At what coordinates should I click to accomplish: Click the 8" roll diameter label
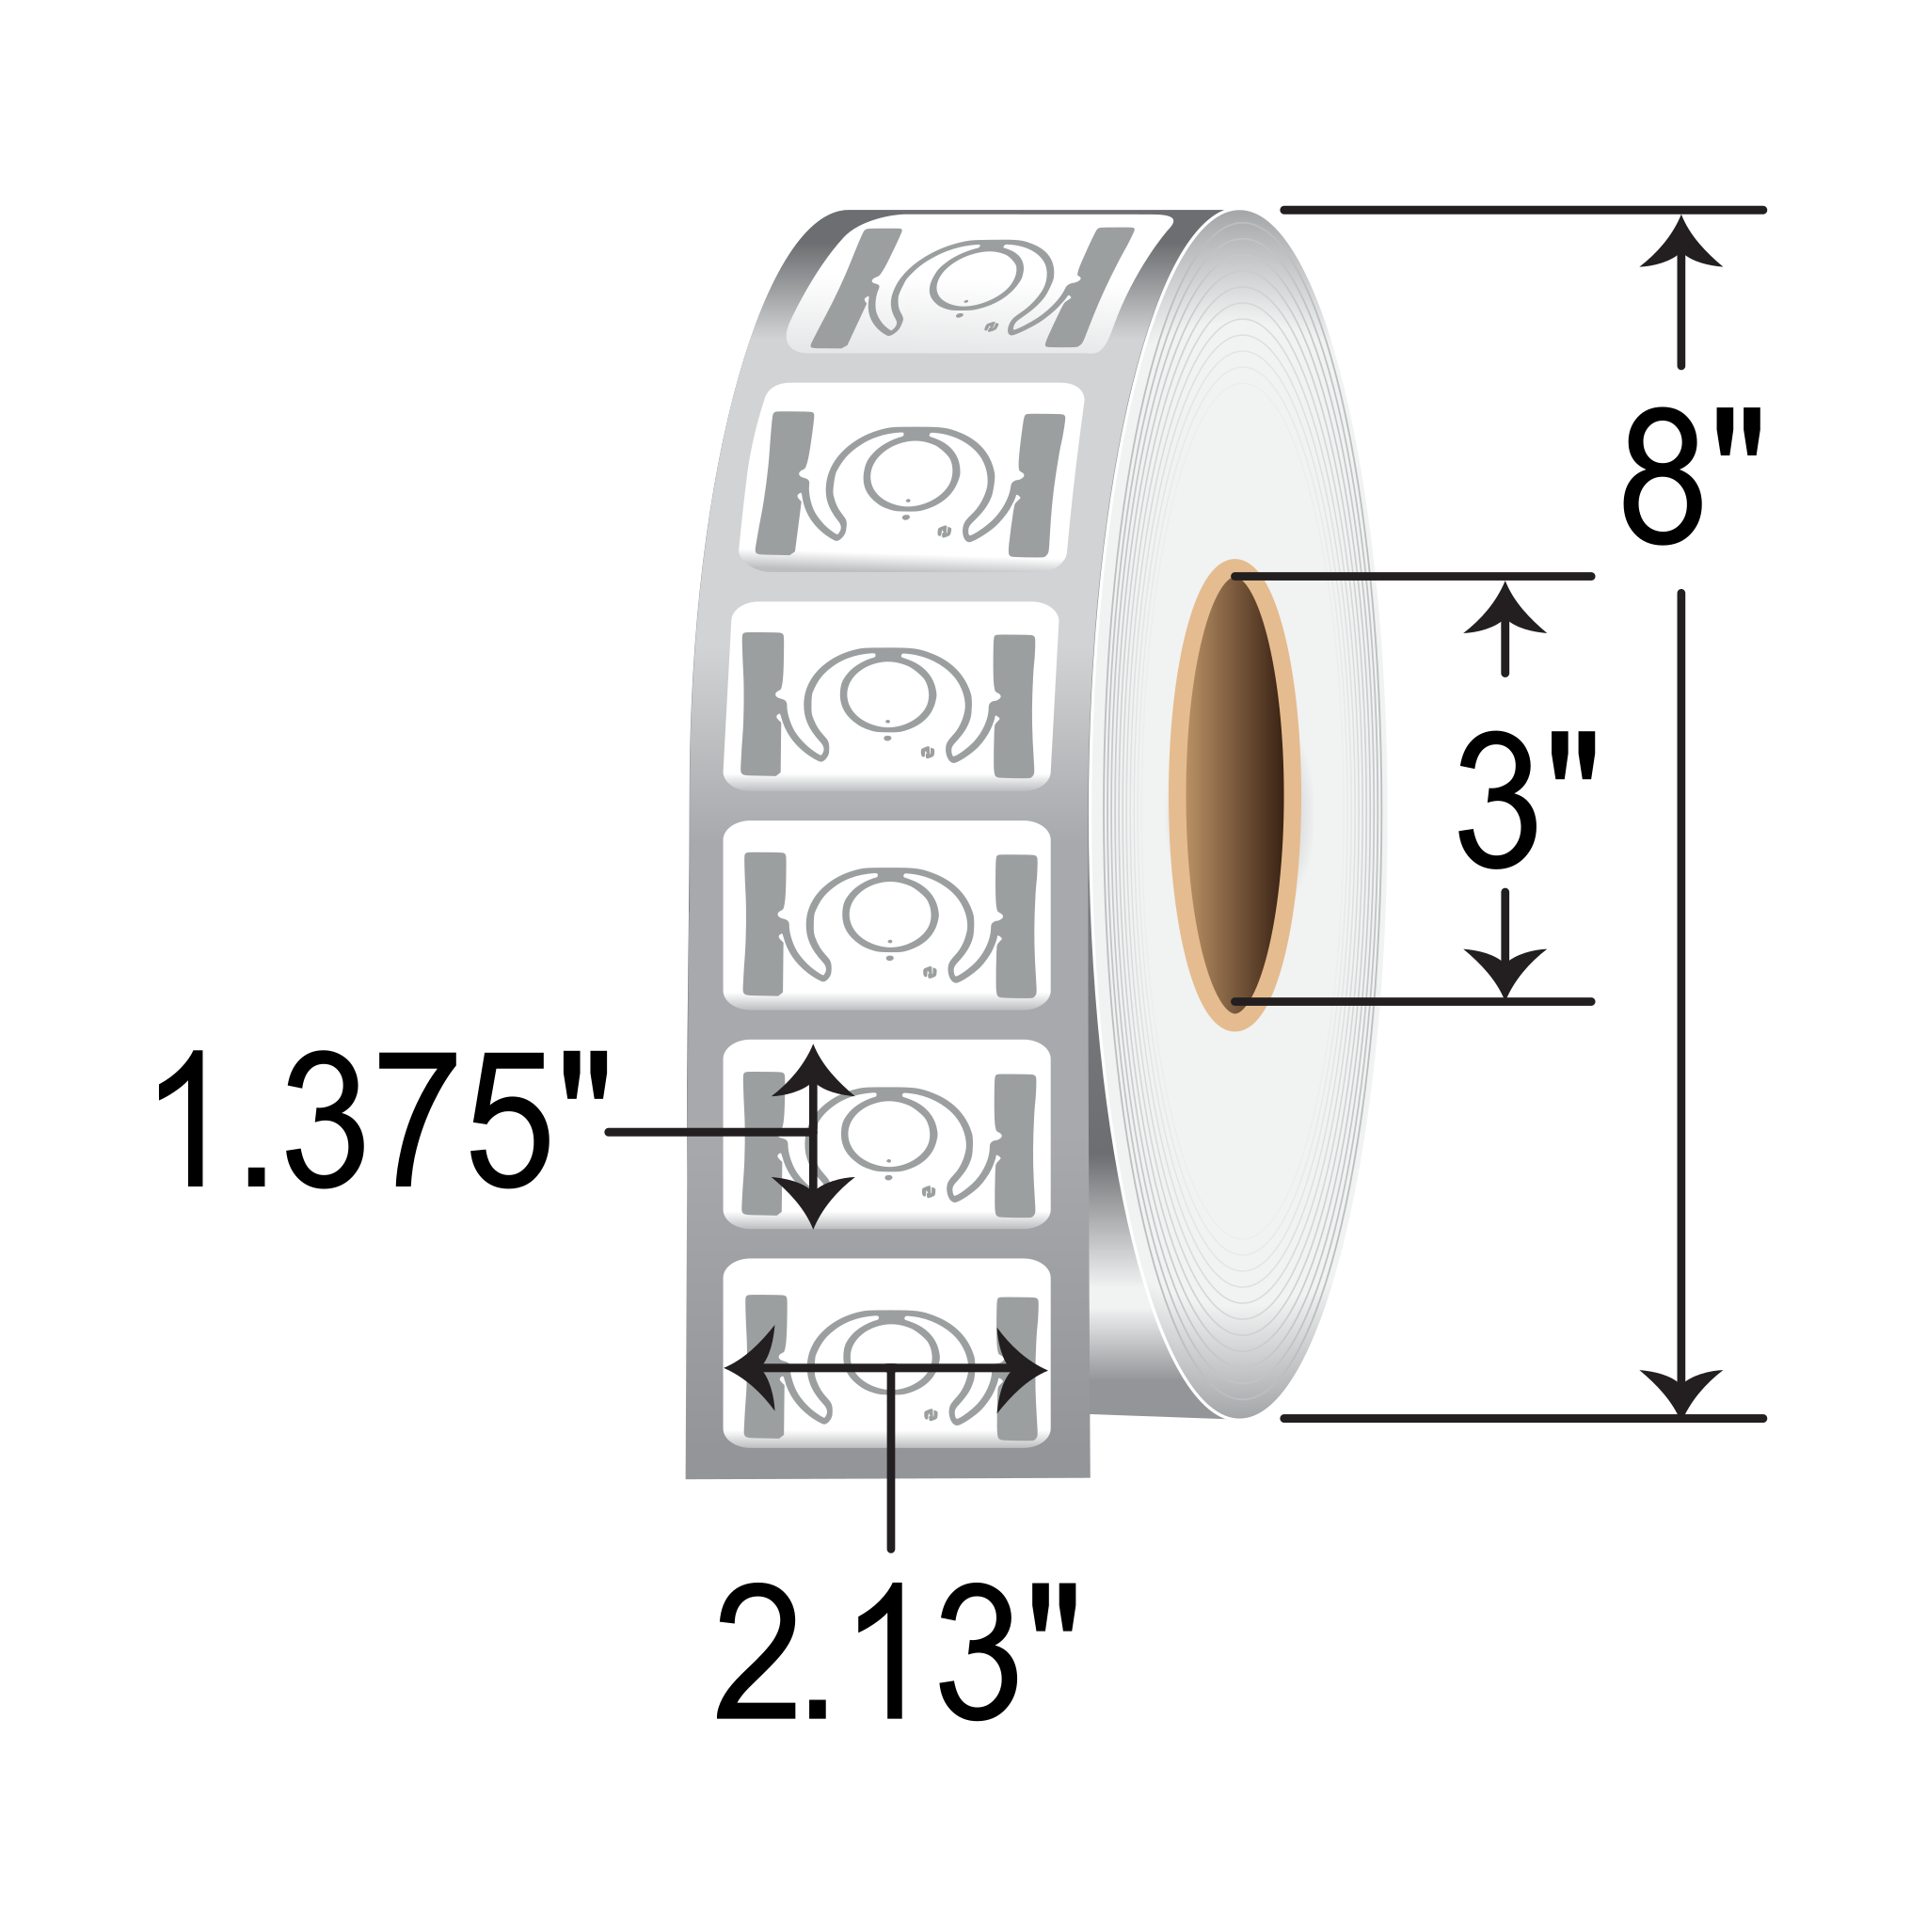click(x=1691, y=476)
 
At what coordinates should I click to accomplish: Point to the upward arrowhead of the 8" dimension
click(x=1680, y=245)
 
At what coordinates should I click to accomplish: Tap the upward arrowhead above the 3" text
click(x=1505, y=611)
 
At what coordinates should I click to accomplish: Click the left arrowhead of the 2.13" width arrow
click(x=753, y=1368)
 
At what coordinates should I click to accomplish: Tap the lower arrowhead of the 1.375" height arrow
click(x=813, y=1199)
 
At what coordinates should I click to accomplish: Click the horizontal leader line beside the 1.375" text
click(x=698, y=1132)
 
